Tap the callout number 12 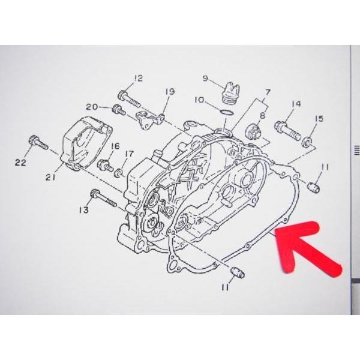(x=139, y=77)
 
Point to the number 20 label (x=91, y=107)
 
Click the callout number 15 (x=319, y=118)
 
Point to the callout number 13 (x=83, y=209)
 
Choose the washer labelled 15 (x=308, y=142)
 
